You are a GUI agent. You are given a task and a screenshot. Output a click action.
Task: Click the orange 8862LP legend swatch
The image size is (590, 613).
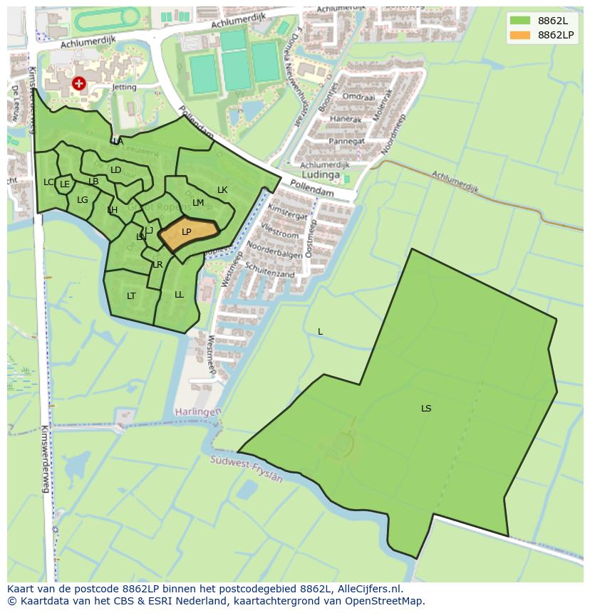[x=520, y=35]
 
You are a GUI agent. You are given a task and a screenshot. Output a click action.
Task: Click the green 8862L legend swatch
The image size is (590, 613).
[x=520, y=21]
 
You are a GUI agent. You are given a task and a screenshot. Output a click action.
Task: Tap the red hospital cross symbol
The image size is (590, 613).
[x=78, y=84]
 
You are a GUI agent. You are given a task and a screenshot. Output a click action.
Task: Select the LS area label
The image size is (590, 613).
[x=426, y=409]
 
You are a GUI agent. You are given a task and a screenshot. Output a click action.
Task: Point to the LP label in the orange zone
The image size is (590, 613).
[x=187, y=232]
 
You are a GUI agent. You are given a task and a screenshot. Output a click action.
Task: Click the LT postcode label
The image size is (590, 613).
[x=131, y=296]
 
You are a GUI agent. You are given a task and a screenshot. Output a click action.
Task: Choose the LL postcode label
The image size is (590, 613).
[x=179, y=295]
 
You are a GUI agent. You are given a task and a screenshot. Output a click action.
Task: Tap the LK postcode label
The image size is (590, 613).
[x=222, y=190]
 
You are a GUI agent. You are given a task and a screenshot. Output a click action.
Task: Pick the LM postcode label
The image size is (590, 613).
[x=198, y=203]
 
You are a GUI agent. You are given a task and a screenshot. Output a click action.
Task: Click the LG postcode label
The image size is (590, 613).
[x=83, y=200]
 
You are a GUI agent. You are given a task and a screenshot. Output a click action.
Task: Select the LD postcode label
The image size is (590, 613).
[x=115, y=170]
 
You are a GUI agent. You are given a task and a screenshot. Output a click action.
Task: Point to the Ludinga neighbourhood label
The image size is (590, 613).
[x=321, y=174]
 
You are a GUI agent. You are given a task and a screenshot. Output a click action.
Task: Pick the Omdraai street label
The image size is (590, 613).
[x=358, y=96]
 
